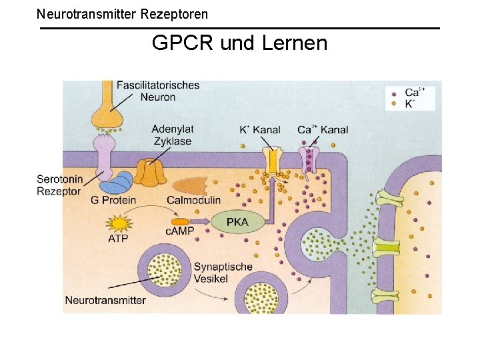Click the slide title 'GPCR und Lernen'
239,43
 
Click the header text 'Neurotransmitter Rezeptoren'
122,13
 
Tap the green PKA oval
237,222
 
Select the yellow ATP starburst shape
119,223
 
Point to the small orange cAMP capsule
181,221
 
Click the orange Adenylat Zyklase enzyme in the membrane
151,172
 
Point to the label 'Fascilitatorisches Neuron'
158,91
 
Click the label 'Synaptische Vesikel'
223,273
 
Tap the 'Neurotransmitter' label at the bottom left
105,300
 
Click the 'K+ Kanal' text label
259,129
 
